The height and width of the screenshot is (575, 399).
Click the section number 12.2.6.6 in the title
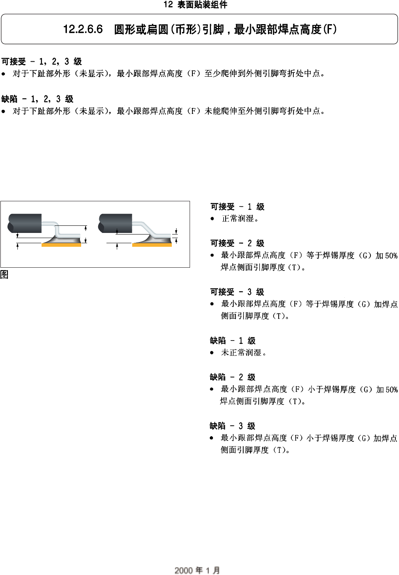click(x=83, y=29)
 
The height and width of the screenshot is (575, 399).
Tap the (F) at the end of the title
click(x=330, y=29)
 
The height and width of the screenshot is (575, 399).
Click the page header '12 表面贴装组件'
click(x=196, y=5)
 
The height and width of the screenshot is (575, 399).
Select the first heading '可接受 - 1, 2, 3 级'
click(x=42, y=62)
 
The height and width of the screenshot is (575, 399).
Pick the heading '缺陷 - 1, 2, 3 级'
click(x=38, y=99)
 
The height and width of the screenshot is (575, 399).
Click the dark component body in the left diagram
click(x=25, y=223)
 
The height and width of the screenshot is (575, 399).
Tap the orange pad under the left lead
click(x=61, y=245)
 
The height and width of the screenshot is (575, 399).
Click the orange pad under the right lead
click(x=152, y=245)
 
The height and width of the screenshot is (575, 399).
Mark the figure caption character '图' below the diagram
click(x=4, y=274)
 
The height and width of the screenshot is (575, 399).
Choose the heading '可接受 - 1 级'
click(x=237, y=207)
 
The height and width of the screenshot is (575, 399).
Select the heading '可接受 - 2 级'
click(x=237, y=244)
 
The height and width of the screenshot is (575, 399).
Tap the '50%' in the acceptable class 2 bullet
click(x=391, y=256)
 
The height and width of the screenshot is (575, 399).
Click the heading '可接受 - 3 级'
click(x=237, y=292)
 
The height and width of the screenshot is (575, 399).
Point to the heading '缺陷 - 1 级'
click(x=233, y=341)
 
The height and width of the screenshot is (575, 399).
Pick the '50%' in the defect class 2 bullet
click(x=391, y=390)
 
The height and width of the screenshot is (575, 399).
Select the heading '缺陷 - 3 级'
click(x=233, y=426)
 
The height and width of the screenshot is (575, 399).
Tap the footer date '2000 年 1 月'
click(x=197, y=570)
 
